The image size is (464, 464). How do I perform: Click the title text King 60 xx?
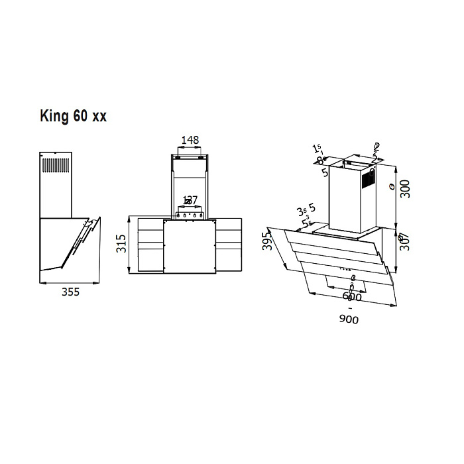click(x=73, y=117)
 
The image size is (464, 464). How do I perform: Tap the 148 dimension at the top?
click(x=190, y=140)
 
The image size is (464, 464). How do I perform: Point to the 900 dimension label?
click(x=349, y=320)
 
